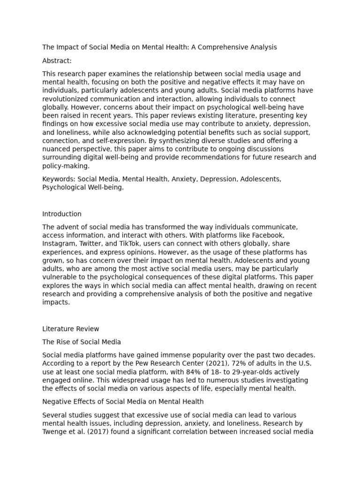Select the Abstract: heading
(x=57, y=61)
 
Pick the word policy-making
(x=66, y=166)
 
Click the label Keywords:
(x=59, y=179)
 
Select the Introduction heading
(x=62, y=214)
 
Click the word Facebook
(x=268, y=235)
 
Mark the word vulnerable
(x=59, y=277)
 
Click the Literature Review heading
(x=71, y=329)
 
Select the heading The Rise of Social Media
(x=82, y=342)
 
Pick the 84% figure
(x=185, y=372)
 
